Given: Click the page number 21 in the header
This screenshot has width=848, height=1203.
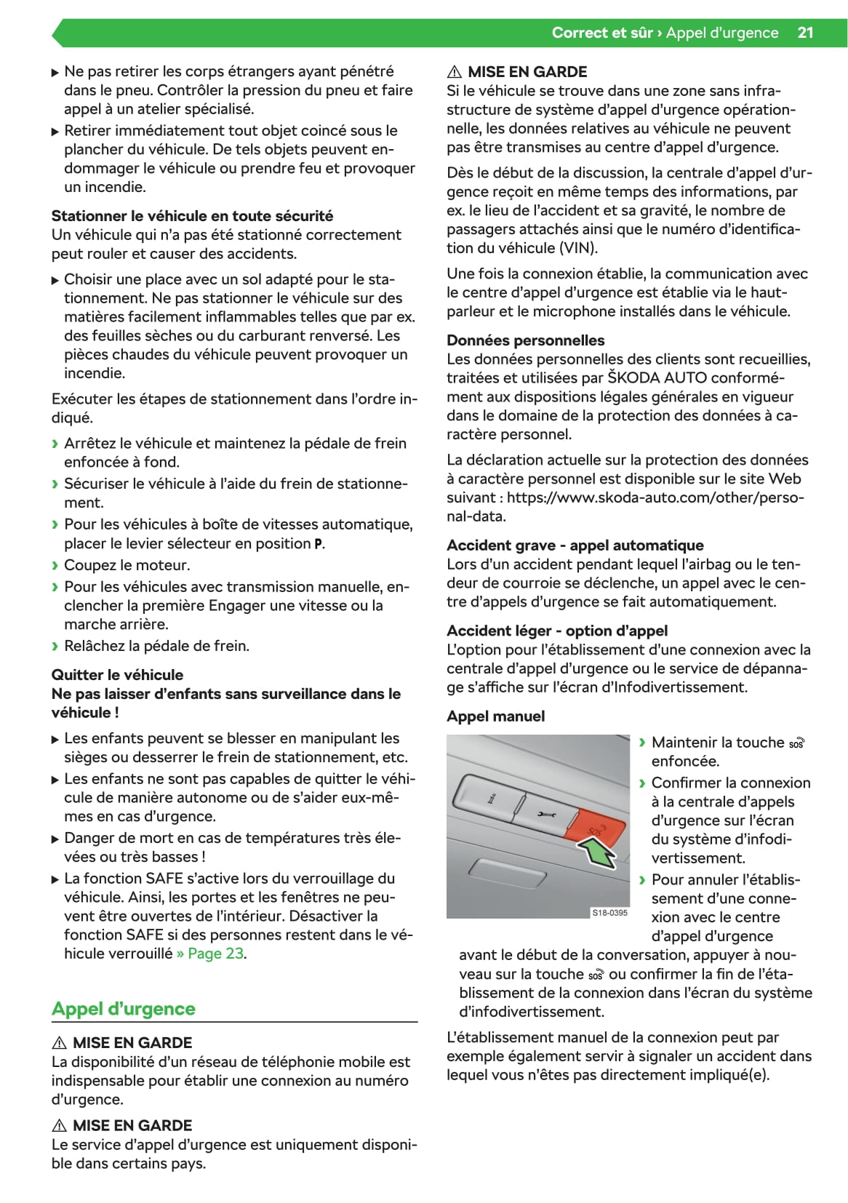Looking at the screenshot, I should coord(805,33).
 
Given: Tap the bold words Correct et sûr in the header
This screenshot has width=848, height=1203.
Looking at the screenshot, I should coord(601,33).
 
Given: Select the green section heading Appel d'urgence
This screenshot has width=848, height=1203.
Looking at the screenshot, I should coord(124,1009).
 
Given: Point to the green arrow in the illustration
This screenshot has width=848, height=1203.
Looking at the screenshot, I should coord(596,851).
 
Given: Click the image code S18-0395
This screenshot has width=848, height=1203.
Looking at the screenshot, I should coord(609,912).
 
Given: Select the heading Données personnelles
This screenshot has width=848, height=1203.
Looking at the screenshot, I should coord(525,340).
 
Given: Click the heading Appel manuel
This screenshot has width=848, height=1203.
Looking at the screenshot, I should coord(495,716).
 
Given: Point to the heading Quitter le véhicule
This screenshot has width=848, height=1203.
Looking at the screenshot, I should coord(117,675).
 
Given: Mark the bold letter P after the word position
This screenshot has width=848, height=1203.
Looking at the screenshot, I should coord(318,544).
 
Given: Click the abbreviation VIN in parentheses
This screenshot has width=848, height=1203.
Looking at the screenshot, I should coord(578,248).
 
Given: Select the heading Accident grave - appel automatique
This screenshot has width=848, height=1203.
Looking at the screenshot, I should coord(575,545).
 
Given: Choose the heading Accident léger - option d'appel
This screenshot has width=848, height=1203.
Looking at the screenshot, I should coord(556,631).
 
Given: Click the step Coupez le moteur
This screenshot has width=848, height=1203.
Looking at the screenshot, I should coord(127,565).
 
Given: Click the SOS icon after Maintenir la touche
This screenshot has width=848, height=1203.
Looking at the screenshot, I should coord(797,743).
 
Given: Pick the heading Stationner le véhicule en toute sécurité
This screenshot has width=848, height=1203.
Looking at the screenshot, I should coord(192,216).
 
